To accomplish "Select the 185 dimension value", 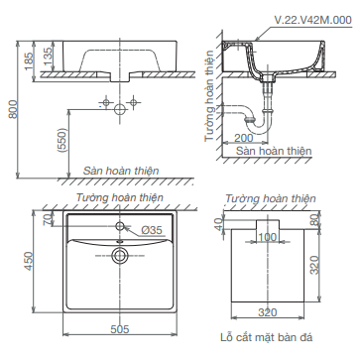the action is pyautogui.click(x=29, y=61).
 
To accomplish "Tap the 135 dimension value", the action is pyautogui.click(x=48, y=56).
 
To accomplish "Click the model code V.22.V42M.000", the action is pyautogui.click(x=313, y=20).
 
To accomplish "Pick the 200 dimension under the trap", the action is pyautogui.click(x=243, y=138).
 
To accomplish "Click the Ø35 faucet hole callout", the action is pyautogui.click(x=152, y=230).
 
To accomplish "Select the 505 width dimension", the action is pyautogui.click(x=120, y=329).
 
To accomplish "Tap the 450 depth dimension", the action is pyautogui.click(x=29, y=261).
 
